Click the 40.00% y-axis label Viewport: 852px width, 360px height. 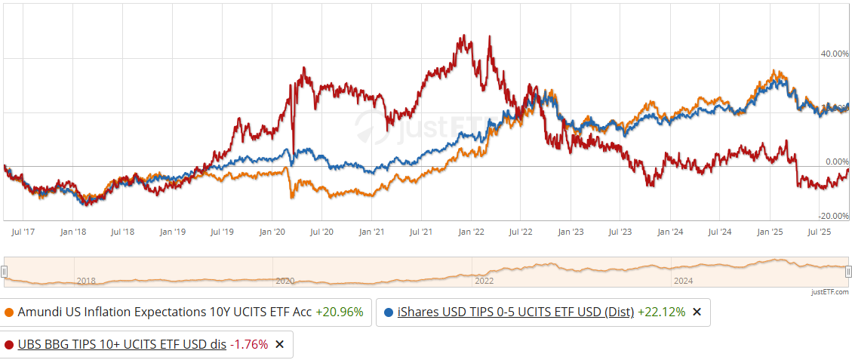click(x=835, y=54)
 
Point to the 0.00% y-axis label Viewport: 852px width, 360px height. click(x=837, y=162)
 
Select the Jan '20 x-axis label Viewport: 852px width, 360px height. click(x=272, y=232)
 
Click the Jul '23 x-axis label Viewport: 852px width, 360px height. click(x=620, y=232)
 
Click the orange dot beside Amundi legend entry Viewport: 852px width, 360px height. click(x=9, y=312)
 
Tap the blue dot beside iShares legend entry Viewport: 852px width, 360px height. click(x=388, y=312)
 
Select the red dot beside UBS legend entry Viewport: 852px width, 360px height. click(x=9, y=344)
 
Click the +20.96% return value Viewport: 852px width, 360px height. click(x=339, y=312)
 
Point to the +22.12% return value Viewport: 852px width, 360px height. click(x=661, y=312)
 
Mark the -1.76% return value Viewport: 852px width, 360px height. click(x=249, y=344)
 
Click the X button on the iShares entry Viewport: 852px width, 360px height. click(x=697, y=312)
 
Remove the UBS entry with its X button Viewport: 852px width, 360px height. click(x=279, y=344)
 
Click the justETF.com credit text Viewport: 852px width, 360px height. click(x=830, y=292)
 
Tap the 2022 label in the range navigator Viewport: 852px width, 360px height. click(x=484, y=281)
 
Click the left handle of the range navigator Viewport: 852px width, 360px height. click(x=5, y=272)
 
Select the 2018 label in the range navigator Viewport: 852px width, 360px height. click(x=86, y=281)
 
